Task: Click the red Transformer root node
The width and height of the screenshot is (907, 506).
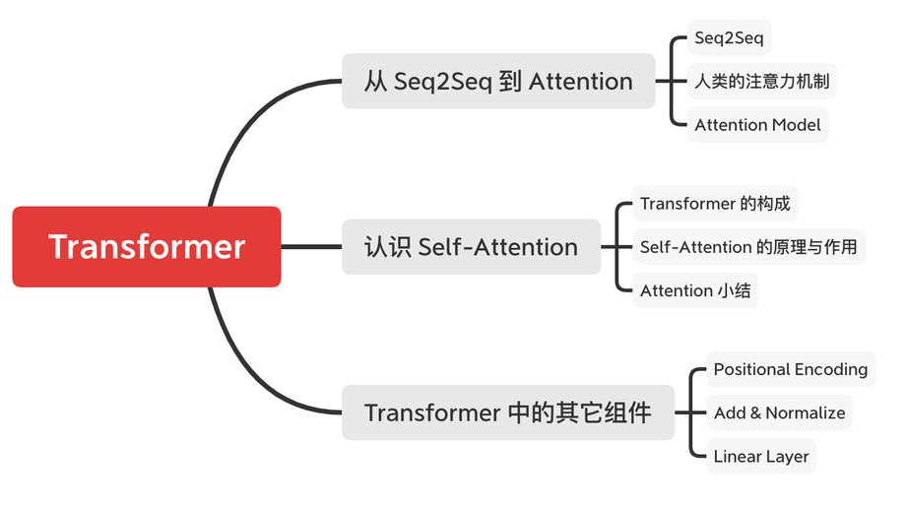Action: (147, 246)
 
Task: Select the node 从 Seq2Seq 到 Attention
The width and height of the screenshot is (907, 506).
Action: (498, 81)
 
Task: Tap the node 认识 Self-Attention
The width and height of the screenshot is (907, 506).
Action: (471, 246)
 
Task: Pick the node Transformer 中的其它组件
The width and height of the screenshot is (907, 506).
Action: (507, 411)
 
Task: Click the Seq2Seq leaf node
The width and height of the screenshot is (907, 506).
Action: (729, 38)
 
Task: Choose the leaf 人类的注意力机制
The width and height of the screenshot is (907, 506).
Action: (761, 81)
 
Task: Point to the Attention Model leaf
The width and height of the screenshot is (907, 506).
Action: (757, 125)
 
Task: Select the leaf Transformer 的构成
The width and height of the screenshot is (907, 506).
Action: (714, 204)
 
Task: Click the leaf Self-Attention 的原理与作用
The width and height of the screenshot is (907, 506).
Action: (748, 247)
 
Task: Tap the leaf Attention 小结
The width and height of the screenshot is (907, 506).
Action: (694, 290)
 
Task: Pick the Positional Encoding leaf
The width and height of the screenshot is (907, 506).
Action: (790, 369)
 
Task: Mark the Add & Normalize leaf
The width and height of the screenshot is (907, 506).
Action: (779, 412)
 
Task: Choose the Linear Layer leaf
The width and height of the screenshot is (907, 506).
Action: (761, 456)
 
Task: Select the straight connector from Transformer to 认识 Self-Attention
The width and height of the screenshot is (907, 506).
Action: (311, 246)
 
